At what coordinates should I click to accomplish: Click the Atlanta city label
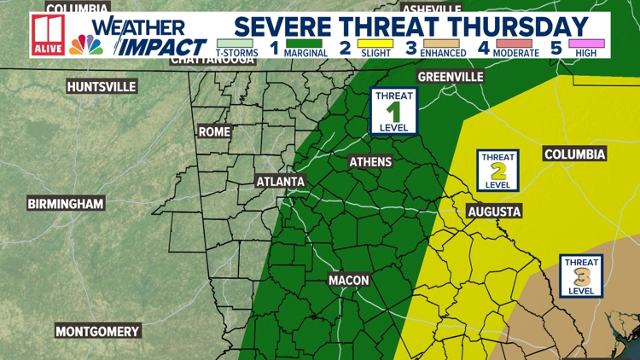click(281, 182)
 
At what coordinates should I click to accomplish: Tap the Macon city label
click(349, 281)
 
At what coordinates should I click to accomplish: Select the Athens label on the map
click(370, 162)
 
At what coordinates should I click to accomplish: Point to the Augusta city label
click(494, 212)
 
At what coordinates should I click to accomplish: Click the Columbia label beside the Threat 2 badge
click(575, 154)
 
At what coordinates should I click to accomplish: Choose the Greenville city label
click(451, 77)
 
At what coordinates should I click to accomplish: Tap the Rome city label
click(214, 132)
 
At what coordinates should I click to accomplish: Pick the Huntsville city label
click(102, 87)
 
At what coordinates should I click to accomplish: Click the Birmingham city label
click(66, 204)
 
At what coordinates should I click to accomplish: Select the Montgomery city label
click(97, 331)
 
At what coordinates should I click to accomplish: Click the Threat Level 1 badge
click(393, 111)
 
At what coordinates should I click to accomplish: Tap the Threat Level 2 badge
click(497, 171)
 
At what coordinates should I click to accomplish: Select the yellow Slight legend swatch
click(376, 43)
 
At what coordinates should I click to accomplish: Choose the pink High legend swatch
click(589, 43)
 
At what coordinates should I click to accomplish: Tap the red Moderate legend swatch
click(515, 43)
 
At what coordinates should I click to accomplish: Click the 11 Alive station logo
click(47, 35)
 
